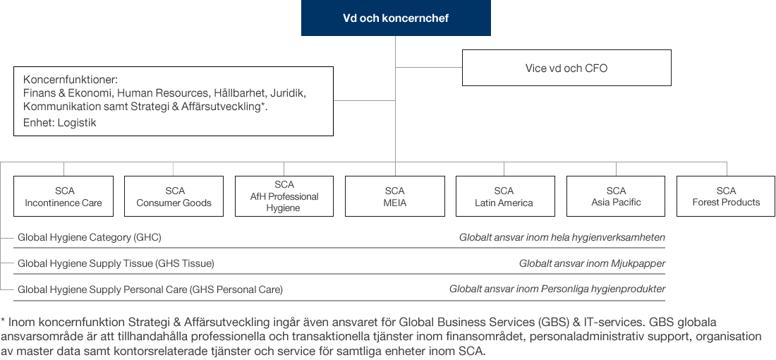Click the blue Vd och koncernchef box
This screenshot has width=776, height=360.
[x=396, y=18]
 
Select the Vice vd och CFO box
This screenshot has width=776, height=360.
[x=566, y=68]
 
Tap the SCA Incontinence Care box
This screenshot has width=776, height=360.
[x=63, y=196]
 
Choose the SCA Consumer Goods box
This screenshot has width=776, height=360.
[x=174, y=196]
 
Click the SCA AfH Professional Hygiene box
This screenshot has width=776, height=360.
[x=284, y=196]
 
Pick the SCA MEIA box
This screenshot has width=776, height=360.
[x=395, y=196]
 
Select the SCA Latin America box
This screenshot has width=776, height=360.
[x=505, y=196]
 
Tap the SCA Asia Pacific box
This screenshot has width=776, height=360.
[x=616, y=196]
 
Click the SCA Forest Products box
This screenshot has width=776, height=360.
[x=726, y=196]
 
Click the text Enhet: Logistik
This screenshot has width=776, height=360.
[x=59, y=124]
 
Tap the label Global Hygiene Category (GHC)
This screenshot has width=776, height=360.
[x=90, y=238]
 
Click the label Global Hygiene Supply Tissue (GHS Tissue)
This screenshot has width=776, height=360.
[x=116, y=264]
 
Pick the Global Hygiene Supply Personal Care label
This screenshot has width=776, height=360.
[x=150, y=289]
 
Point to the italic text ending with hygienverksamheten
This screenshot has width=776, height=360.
[x=562, y=238]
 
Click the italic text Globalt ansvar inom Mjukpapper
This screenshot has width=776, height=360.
[x=593, y=264]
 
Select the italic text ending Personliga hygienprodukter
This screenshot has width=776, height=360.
[x=557, y=289]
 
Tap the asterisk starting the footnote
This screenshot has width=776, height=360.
[x=3, y=321]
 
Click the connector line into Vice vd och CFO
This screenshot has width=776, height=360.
[x=429, y=67]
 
